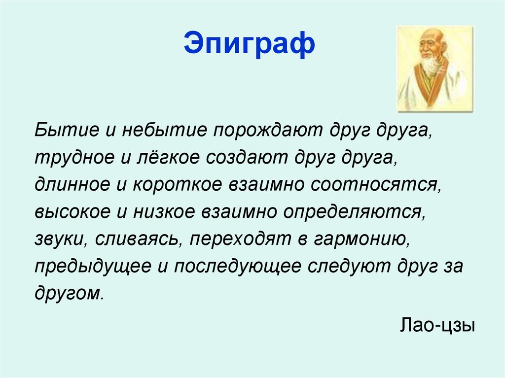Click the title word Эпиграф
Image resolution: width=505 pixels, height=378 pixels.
tap(249, 44)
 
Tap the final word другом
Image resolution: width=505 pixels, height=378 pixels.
tap(69, 293)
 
